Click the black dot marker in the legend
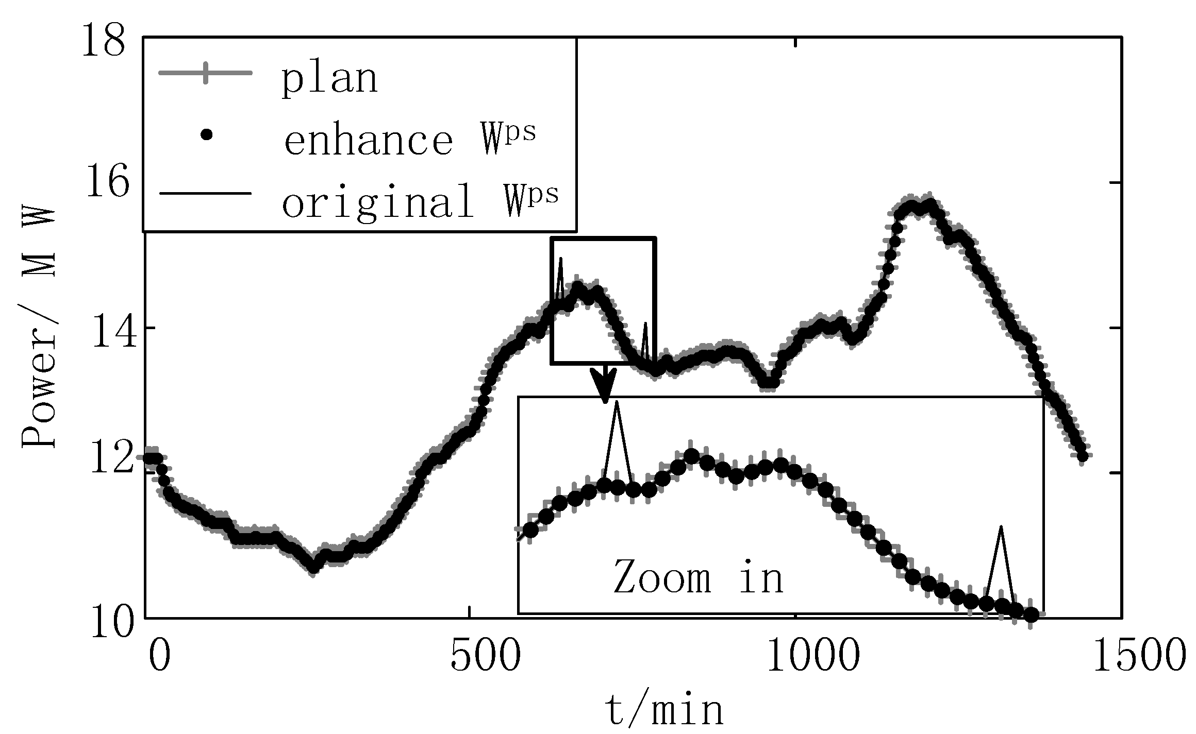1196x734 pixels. click(x=207, y=135)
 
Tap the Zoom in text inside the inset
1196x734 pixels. click(x=698, y=577)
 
